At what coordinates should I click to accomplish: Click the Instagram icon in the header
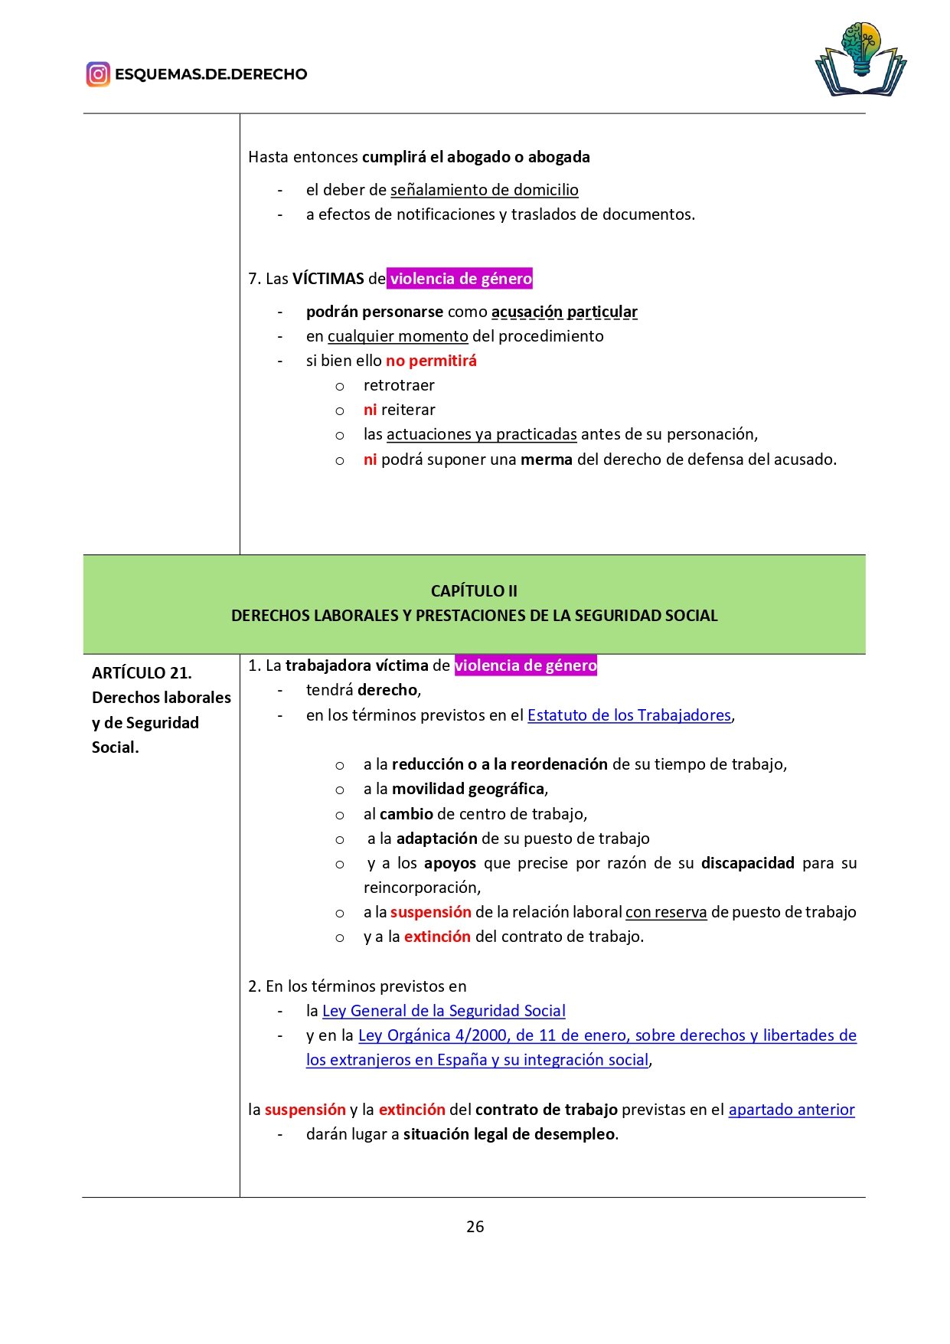pos(98,74)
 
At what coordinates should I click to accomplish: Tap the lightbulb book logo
pos(860,60)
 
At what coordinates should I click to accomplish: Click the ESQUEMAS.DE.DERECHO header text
pos(211,74)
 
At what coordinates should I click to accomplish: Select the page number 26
pos(475,1226)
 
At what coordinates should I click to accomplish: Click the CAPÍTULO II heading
pos(474,590)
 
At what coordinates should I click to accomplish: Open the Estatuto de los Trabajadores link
pos(629,715)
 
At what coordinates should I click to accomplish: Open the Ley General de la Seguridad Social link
pos(444,1011)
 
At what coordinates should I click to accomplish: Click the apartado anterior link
pos(792,1110)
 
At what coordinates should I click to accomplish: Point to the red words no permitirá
pos(431,361)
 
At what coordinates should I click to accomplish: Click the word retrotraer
pos(399,385)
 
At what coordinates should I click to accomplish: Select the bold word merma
pos(547,459)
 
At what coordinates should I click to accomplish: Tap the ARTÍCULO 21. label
pos(142,673)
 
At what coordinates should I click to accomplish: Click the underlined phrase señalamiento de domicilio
pos(485,190)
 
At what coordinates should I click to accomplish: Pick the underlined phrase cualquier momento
pos(398,336)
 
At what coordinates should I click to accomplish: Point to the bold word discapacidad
pos(748,863)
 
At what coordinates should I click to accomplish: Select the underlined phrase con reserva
pos(666,912)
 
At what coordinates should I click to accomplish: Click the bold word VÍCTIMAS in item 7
pos(328,279)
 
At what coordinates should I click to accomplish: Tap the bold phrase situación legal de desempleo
pos(509,1134)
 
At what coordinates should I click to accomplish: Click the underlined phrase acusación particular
pos(564,312)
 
